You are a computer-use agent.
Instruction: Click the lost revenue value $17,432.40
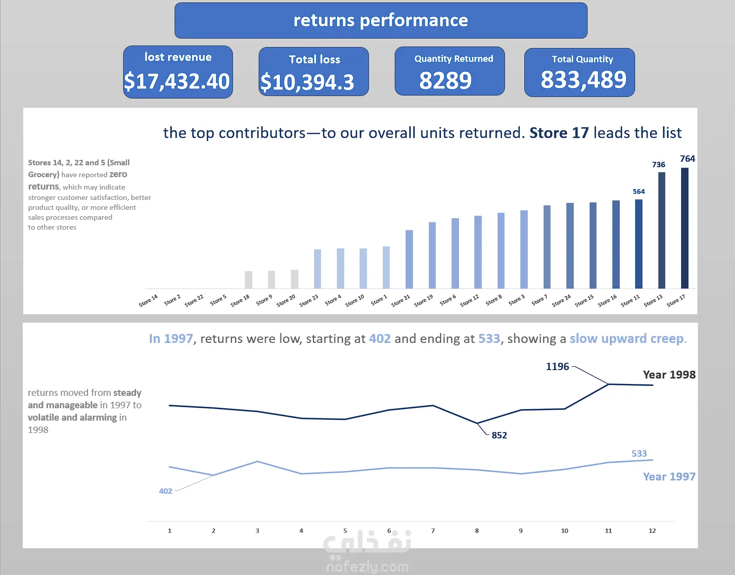[177, 81]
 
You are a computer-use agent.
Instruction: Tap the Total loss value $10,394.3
[307, 82]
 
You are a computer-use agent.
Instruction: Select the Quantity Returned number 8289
[445, 81]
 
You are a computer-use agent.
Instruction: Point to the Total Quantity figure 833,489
[583, 80]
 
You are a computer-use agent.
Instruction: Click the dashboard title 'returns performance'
[380, 20]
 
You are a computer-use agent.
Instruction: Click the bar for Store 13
[661, 230]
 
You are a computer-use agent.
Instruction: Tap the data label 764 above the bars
[687, 159]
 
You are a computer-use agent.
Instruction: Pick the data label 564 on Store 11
[639, 192]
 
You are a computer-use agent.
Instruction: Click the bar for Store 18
[248, 280]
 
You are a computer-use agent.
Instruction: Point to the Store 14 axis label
[148, 301]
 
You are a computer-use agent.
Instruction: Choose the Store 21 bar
[409, 259]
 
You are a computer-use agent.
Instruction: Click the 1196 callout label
[557, 367]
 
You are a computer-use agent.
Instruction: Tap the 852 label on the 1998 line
[499, 435]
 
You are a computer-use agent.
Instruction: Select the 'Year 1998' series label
[669, 375]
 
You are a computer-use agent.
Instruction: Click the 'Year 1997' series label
[669, 477]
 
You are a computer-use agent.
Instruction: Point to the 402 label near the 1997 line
[165, 491]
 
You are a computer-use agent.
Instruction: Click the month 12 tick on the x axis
[652, 531]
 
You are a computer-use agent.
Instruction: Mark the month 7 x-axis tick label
[433, 531]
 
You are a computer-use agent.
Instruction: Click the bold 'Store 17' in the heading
[559, 133]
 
